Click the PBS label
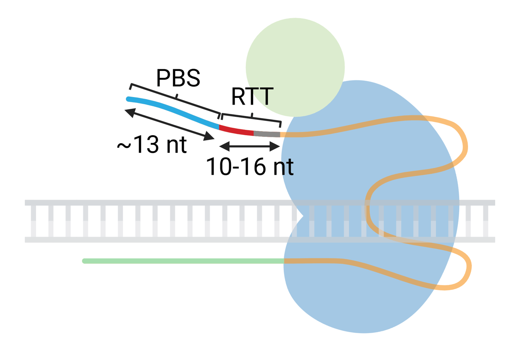click(178, 78)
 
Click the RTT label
click(252, 97)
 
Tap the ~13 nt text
click(152, 145)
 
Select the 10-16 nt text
click(249, 167)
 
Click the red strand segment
click(236, 131)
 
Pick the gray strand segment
click(267, 134)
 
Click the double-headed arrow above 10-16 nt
click(249, 147)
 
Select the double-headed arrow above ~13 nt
click(170, 124)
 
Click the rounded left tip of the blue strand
click(128, 99)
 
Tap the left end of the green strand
click(84, 261)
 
